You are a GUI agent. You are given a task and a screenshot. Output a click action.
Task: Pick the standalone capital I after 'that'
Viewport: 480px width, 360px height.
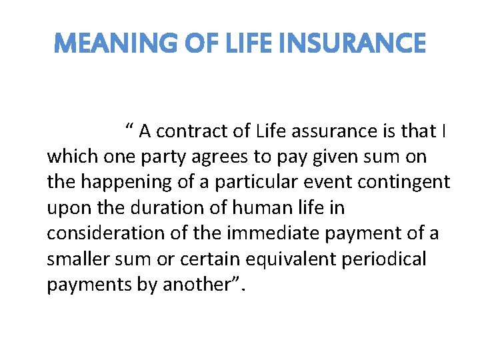click(444, 132)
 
